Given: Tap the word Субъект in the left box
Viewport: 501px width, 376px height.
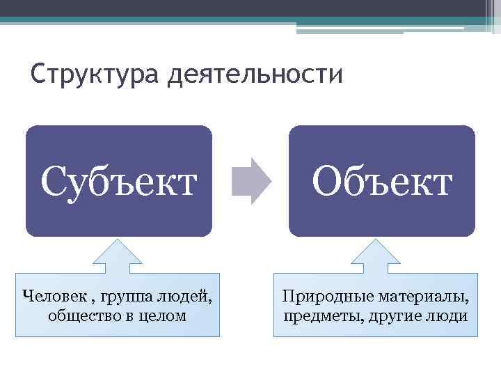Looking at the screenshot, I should click(118, 181).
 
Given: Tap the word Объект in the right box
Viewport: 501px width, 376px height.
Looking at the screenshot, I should click(382, 181).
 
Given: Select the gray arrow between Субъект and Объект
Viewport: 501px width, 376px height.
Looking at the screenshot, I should click(251, 180).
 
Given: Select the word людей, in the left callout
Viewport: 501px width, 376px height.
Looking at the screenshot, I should click(186, 297).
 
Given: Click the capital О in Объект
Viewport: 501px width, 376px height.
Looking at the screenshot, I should click(328, 180).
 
